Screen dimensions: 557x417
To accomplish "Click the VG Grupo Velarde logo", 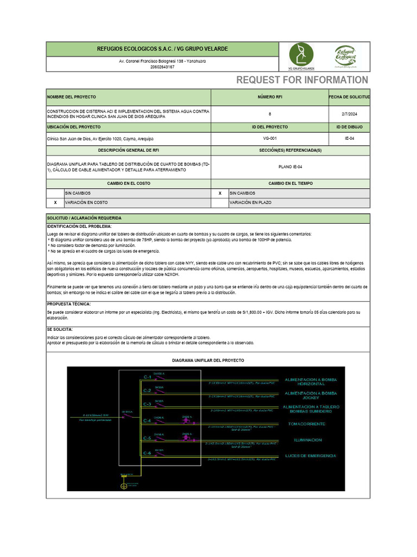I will click(301, 56).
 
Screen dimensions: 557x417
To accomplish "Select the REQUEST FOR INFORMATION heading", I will click(302, 81).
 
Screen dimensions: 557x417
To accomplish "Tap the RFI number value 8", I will click(270, 114).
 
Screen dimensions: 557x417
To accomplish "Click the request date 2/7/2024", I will click(349, 114).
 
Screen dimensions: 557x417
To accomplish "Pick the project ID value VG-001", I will click(270, 139).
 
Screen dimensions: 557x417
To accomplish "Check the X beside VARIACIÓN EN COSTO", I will click(55, 202).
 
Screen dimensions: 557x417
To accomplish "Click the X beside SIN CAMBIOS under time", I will click(219, 193).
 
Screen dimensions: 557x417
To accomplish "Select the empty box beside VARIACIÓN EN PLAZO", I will click(219, 202).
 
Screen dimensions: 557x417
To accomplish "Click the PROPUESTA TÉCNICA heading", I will click(69, 304).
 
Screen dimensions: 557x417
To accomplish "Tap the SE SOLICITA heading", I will click(60, 329).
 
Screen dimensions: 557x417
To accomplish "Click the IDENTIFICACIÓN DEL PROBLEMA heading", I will click(79, 226).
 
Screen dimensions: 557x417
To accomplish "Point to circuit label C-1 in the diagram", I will click(147, 377).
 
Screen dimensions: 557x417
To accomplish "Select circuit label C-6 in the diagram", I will click(147, 453).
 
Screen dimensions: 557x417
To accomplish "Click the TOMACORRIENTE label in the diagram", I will click(307, 424).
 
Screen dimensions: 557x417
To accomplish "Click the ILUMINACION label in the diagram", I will click(308, 440).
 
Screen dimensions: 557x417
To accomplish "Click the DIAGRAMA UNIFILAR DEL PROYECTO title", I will click(208, 361).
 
